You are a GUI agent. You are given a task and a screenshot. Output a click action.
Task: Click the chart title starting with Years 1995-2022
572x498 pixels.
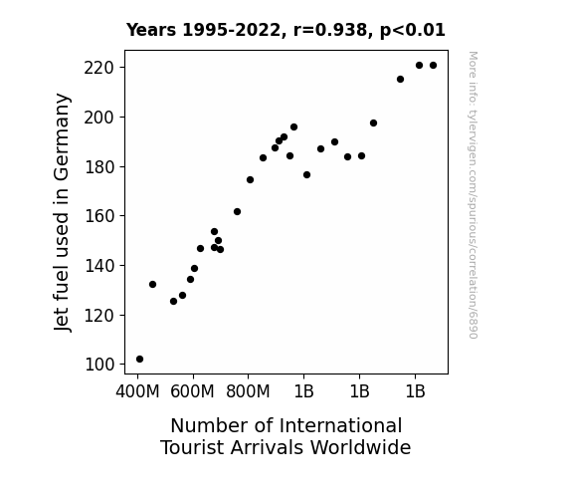286,30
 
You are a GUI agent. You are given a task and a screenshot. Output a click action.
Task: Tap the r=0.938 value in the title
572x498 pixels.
330,30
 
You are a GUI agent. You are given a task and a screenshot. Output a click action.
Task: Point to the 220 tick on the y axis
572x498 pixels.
99,68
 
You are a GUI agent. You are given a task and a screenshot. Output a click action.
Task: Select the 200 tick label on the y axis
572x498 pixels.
99,118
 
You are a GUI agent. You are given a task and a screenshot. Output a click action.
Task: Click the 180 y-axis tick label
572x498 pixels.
99,167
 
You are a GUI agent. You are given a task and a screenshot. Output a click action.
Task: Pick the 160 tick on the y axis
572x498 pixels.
99,216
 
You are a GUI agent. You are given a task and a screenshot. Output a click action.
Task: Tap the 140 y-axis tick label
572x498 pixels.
99,266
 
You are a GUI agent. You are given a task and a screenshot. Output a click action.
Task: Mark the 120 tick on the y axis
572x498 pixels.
99,316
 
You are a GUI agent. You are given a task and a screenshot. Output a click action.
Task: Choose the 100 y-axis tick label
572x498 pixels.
99,365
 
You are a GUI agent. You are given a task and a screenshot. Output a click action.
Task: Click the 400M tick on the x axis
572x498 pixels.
137,391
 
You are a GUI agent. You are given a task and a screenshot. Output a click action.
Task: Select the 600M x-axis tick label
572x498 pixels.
193,391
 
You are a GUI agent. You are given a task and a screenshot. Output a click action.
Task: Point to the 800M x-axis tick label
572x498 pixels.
248,391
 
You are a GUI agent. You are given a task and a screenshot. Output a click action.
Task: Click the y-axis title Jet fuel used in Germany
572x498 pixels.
62,212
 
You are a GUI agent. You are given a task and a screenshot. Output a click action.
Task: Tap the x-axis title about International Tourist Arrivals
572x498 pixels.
286,436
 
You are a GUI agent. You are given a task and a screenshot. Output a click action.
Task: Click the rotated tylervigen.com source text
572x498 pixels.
473,195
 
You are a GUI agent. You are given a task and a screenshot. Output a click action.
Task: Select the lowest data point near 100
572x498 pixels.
139,360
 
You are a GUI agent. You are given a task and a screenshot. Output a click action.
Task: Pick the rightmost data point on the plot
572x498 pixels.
433,66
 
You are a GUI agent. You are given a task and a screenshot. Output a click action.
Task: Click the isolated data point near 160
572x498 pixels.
237,211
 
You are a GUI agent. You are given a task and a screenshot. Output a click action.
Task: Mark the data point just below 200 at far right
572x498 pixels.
373,124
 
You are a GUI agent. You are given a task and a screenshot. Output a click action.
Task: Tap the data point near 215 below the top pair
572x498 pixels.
400,80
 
